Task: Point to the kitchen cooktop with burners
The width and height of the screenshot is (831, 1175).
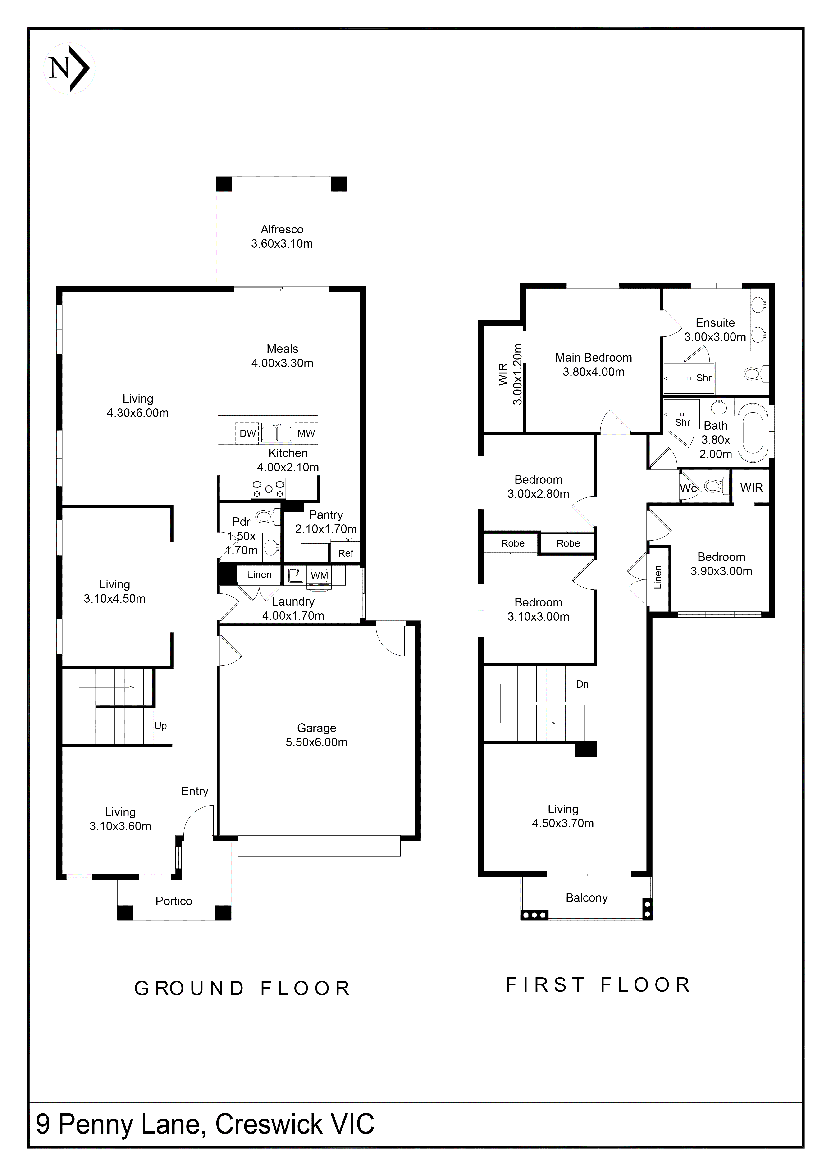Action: click(268, 489)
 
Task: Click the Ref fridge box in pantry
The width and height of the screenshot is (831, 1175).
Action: click(345, 553)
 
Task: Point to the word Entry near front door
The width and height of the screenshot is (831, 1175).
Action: click(194, 791)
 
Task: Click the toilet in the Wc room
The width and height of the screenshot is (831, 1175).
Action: click(715, 486)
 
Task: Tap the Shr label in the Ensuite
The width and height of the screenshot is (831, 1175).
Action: click(703, 378)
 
